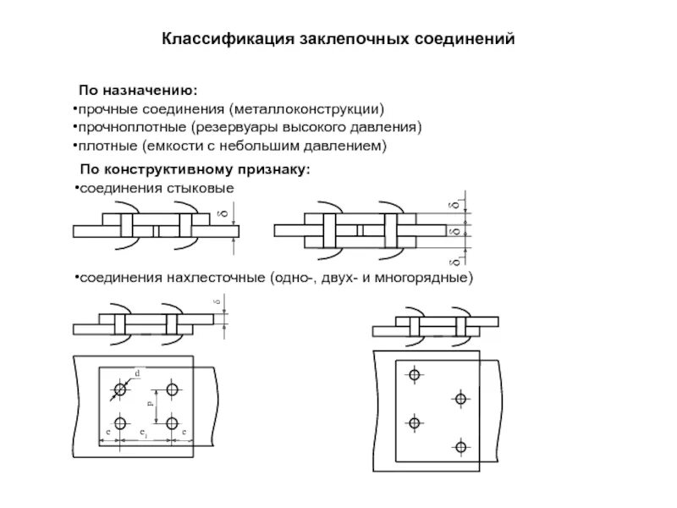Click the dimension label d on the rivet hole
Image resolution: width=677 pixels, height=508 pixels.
click(x=136, y=373)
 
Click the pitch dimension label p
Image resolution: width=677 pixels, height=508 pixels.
click(x=151, y=406)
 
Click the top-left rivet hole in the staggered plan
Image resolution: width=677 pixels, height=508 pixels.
click(x=414, y=374)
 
